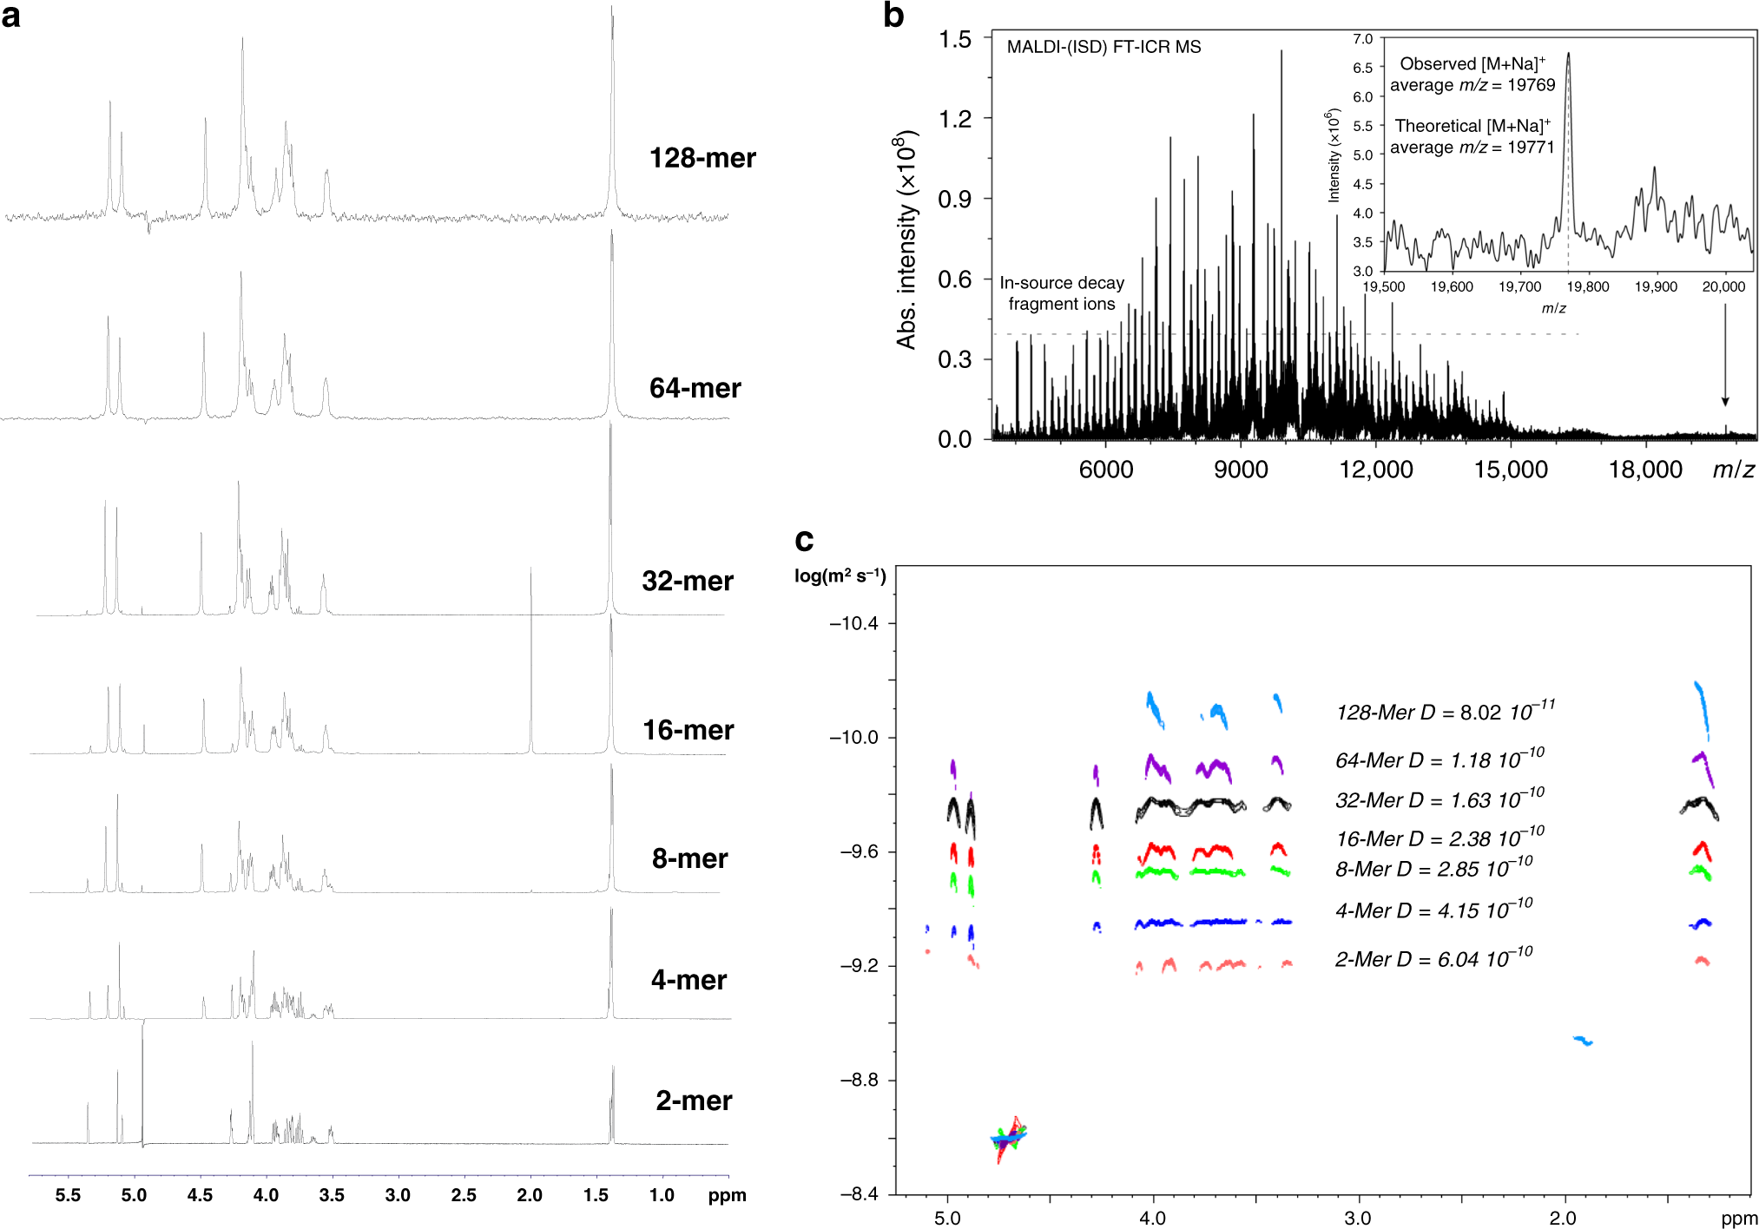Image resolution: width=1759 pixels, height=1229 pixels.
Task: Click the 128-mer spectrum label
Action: pyautogui.click(x=702, y=158)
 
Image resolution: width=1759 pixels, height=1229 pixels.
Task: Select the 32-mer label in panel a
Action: pyautogui.click(x=687, y=581)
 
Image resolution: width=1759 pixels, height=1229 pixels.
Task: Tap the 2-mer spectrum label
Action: pyautogui.click(x=693, y=1101)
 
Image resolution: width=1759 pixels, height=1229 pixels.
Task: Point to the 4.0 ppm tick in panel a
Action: pyautogui.click(x=266, y=1195)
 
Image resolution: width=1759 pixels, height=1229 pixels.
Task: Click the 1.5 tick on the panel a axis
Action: pyautogui.click(x=596, y=1195)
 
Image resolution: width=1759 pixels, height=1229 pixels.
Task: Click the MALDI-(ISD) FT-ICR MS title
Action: pyautogui.click(x=1103, y=47)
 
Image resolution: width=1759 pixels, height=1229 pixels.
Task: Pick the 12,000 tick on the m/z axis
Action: pyautogui.click(x=1375, y=470)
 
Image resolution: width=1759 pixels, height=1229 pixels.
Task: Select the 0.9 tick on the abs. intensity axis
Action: pyautogui.click(x=954, y=199)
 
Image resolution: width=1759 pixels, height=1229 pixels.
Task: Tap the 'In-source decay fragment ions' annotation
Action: pyautogui.click(x=1061, y=293)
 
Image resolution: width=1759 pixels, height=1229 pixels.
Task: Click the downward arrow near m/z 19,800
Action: pyautogui.click(x=1725, y=356)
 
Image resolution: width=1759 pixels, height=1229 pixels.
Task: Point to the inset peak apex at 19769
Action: pyautogui.click(x=1568, y=54)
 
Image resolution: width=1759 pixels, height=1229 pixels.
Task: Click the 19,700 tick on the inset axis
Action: pyautogui.click(x=1519, y=286)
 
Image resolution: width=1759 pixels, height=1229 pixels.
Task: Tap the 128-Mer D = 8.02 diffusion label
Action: pyautogui.click(x=1445, y=712)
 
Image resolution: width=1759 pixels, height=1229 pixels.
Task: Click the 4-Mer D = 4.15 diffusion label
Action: pyautogui.click(x=1433, y=910)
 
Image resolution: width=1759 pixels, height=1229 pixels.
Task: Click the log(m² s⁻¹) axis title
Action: pyautogui.click(x=840, y=576)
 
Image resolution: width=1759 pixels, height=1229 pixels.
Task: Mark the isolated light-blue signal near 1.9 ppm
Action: pyautogui.click(x=1583, y=1040)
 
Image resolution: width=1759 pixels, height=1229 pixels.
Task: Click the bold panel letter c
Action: pyautogui.click(x=804, y=540)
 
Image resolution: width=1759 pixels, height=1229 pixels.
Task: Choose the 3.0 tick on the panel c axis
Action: pyautogui.click(x=1358, y=1218)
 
